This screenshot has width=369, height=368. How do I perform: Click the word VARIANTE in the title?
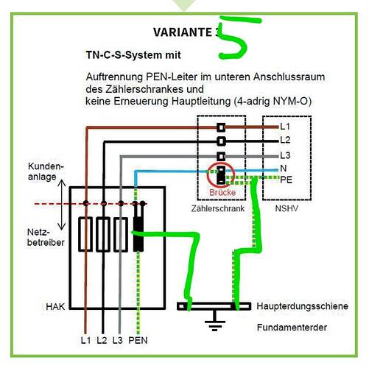183,32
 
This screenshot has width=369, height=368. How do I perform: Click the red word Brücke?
222,192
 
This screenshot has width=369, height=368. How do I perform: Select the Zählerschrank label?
218,208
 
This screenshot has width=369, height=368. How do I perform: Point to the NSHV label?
287,208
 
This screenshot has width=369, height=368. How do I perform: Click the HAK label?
55,307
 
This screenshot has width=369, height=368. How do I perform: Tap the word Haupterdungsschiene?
302,306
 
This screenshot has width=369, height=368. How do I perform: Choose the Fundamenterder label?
292,328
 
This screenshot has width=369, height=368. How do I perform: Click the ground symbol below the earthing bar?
215,321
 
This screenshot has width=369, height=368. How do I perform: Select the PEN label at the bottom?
138,340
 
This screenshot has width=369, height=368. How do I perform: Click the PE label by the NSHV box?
286,180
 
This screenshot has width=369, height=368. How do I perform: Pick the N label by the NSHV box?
284,169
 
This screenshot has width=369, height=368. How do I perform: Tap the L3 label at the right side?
285,155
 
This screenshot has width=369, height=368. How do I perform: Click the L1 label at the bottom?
85,340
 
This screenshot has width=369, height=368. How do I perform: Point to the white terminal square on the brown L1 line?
221,127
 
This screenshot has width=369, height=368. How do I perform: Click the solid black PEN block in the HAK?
138,234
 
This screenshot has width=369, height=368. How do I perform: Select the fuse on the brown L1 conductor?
85,234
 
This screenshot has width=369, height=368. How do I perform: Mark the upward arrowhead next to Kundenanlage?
62,183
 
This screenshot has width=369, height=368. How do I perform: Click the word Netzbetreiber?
46,237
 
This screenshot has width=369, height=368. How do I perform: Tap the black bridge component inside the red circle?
221,175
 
